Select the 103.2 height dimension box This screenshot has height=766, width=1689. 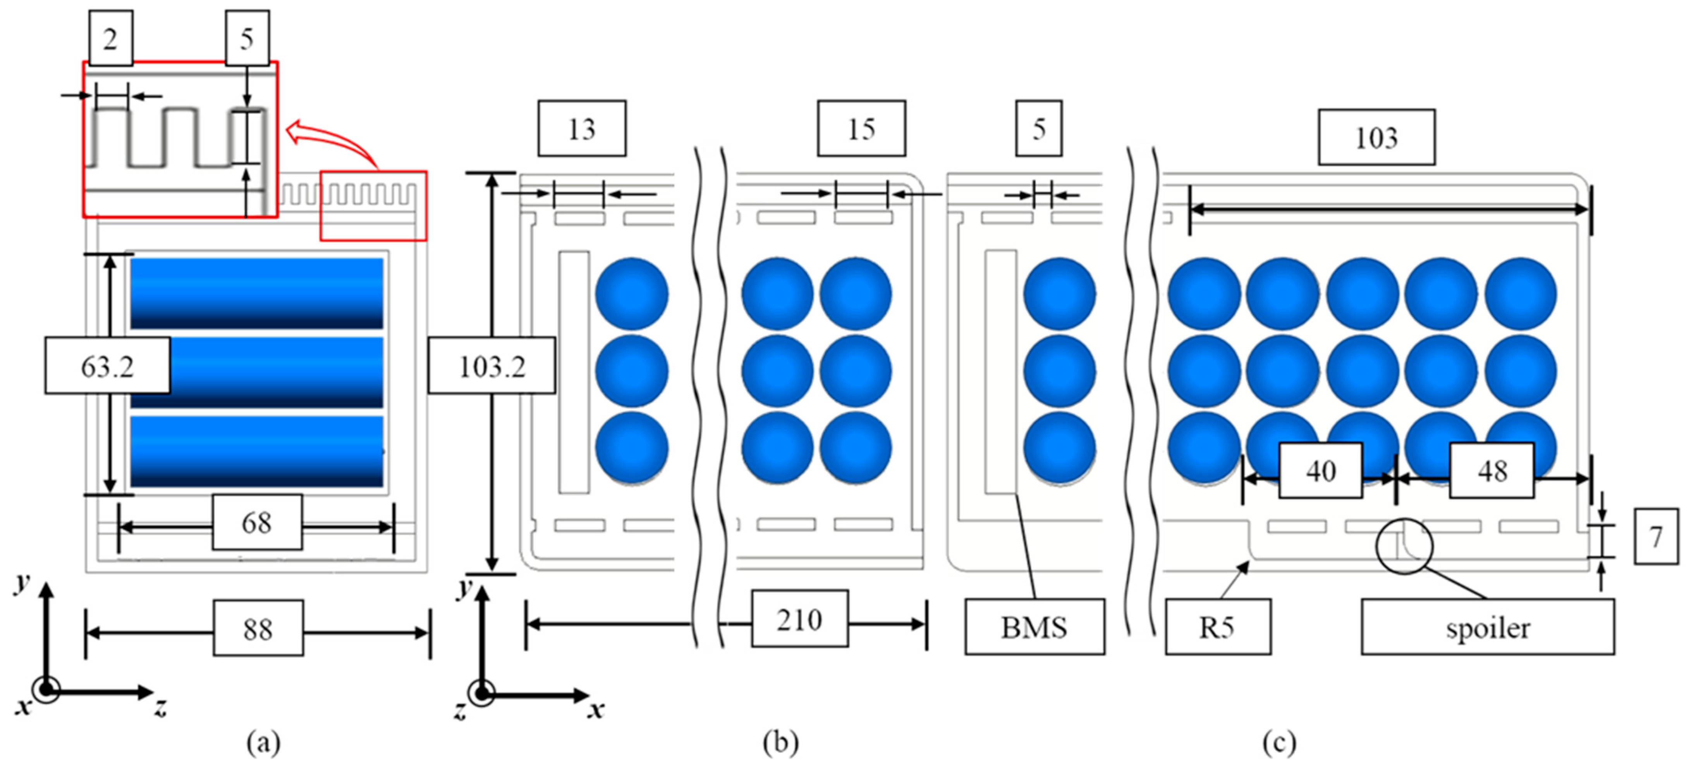pos(492,366)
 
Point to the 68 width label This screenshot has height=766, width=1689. pos(257,522)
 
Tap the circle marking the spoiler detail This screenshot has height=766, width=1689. pos(1404,546)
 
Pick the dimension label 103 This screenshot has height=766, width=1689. pos(1376,137)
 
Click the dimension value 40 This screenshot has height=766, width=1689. pos(1321,470)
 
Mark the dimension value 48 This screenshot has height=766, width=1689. pos(1491,470)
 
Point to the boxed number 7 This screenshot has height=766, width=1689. pos(1656,536)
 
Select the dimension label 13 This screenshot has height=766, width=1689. pos(582,129)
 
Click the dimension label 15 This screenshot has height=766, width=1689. pos(861,129)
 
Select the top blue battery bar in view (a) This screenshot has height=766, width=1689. pos(257,293)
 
